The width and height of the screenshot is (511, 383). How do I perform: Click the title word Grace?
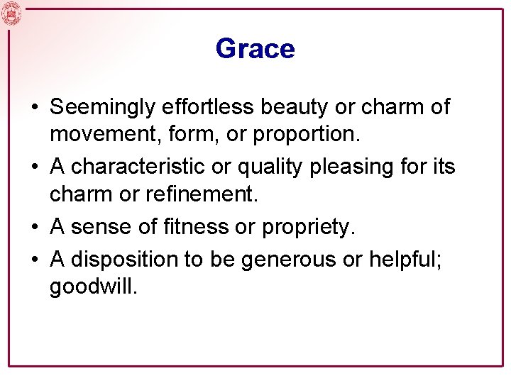point(255,49)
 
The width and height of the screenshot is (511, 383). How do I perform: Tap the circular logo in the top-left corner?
point(12,13)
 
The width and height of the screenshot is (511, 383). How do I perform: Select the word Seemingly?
point(104,108)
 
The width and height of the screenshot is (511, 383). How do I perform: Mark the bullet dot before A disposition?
point(34,260)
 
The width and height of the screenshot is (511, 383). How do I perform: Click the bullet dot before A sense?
point(34,227)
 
